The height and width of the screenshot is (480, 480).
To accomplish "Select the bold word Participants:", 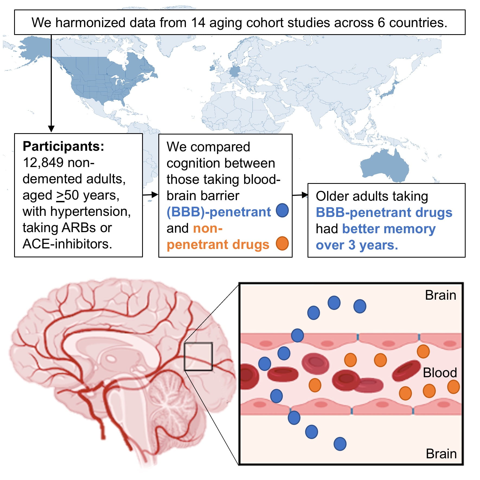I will pos(63,146).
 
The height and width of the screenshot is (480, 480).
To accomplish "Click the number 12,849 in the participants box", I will pos(43,163).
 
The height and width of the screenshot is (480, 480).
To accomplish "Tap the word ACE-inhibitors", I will pos(67,244).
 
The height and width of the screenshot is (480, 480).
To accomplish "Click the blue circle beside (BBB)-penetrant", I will pos(282,210).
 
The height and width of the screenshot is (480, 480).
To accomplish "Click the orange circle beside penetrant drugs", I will pos(282,243).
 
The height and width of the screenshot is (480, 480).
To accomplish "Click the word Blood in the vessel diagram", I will pos(440,373).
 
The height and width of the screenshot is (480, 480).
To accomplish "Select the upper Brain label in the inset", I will pos(440,295).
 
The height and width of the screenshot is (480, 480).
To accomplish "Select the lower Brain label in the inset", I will pos(441,454).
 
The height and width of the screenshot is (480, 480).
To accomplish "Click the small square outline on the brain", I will pos(198,356).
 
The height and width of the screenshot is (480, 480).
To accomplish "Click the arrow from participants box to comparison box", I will pos(151,194).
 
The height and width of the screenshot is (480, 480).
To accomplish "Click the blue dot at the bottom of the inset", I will pos(340,444).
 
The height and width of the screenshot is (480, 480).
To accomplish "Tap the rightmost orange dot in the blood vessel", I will pos(453,387).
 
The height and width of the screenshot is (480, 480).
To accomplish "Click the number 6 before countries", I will pos(381,23).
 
